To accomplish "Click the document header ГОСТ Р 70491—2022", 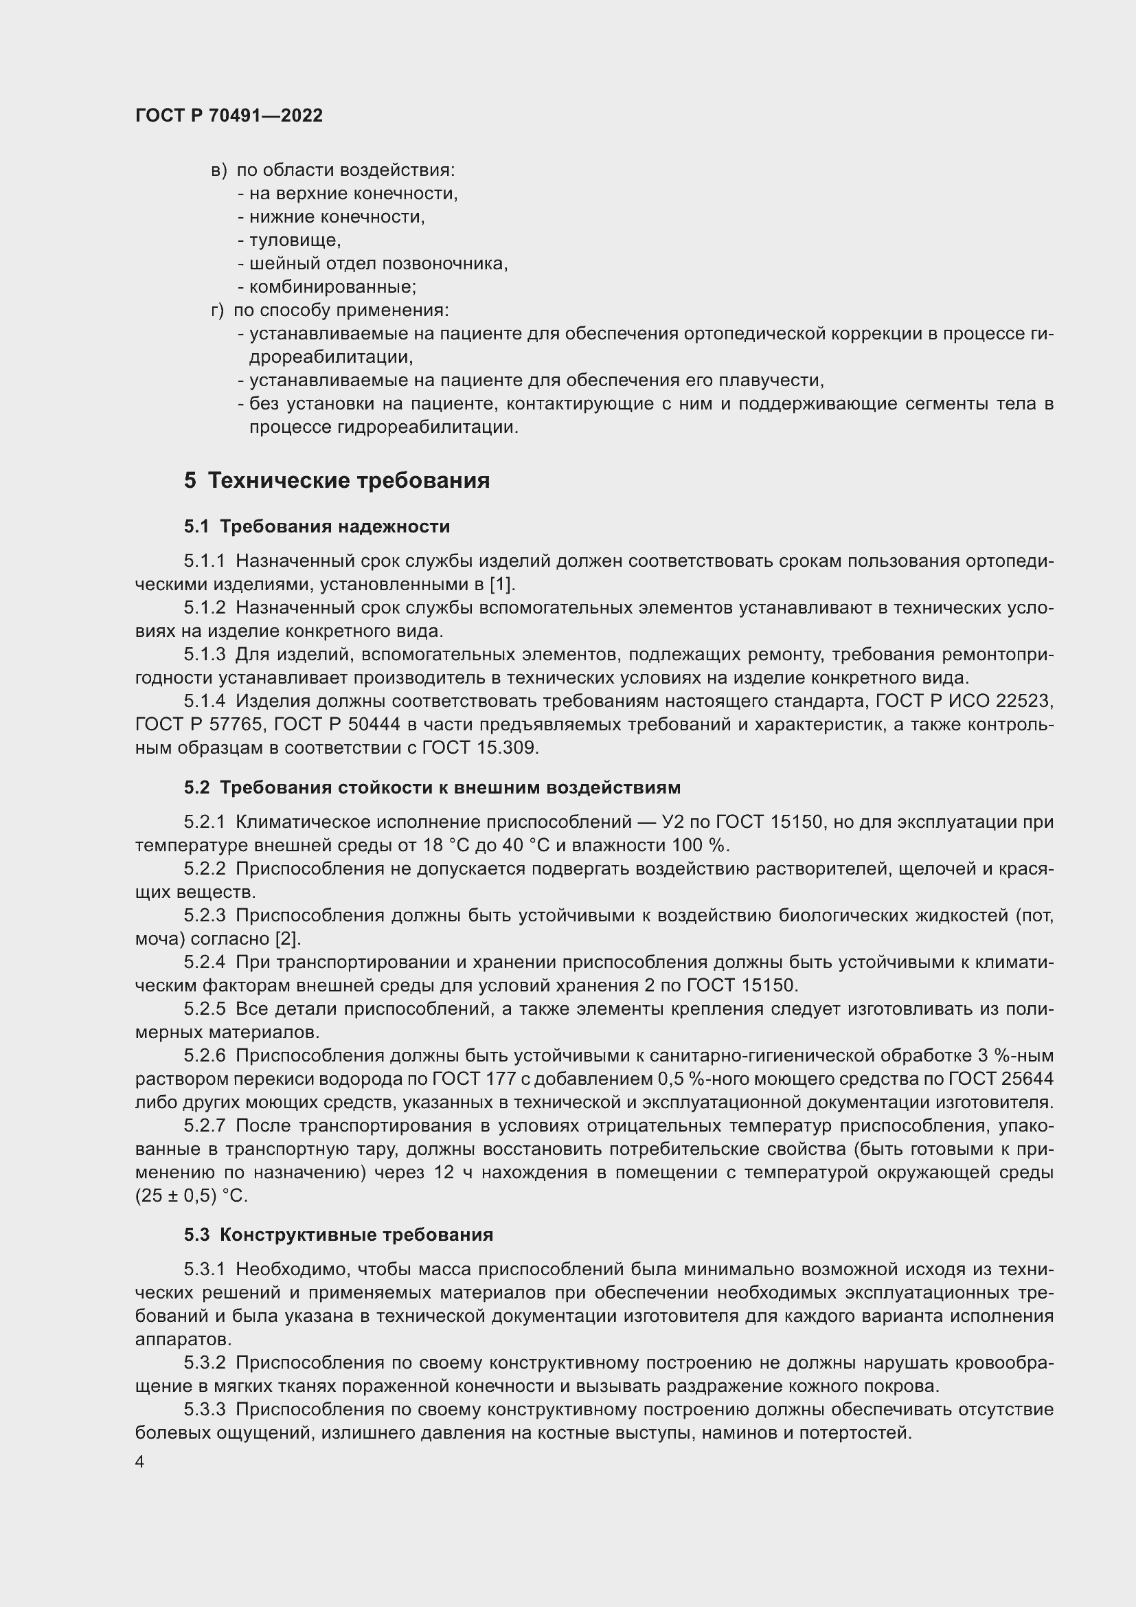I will click(229, 116).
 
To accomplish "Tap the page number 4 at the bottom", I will click(139, 1462).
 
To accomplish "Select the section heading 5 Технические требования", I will click(337, 481).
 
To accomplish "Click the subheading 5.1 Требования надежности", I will click(317, 526).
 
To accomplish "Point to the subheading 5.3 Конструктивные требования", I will click(339, 1235).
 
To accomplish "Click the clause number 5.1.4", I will click(204, 701).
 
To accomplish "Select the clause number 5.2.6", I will click(204, 1055).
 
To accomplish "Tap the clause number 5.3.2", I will click(204, 1362).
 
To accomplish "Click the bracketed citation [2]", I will click(288, 939).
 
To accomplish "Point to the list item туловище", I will click(295, 240).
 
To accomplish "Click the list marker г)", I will click(217, 311).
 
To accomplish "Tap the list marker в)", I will click(219, 171).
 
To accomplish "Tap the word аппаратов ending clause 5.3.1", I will click(182, 1340).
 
